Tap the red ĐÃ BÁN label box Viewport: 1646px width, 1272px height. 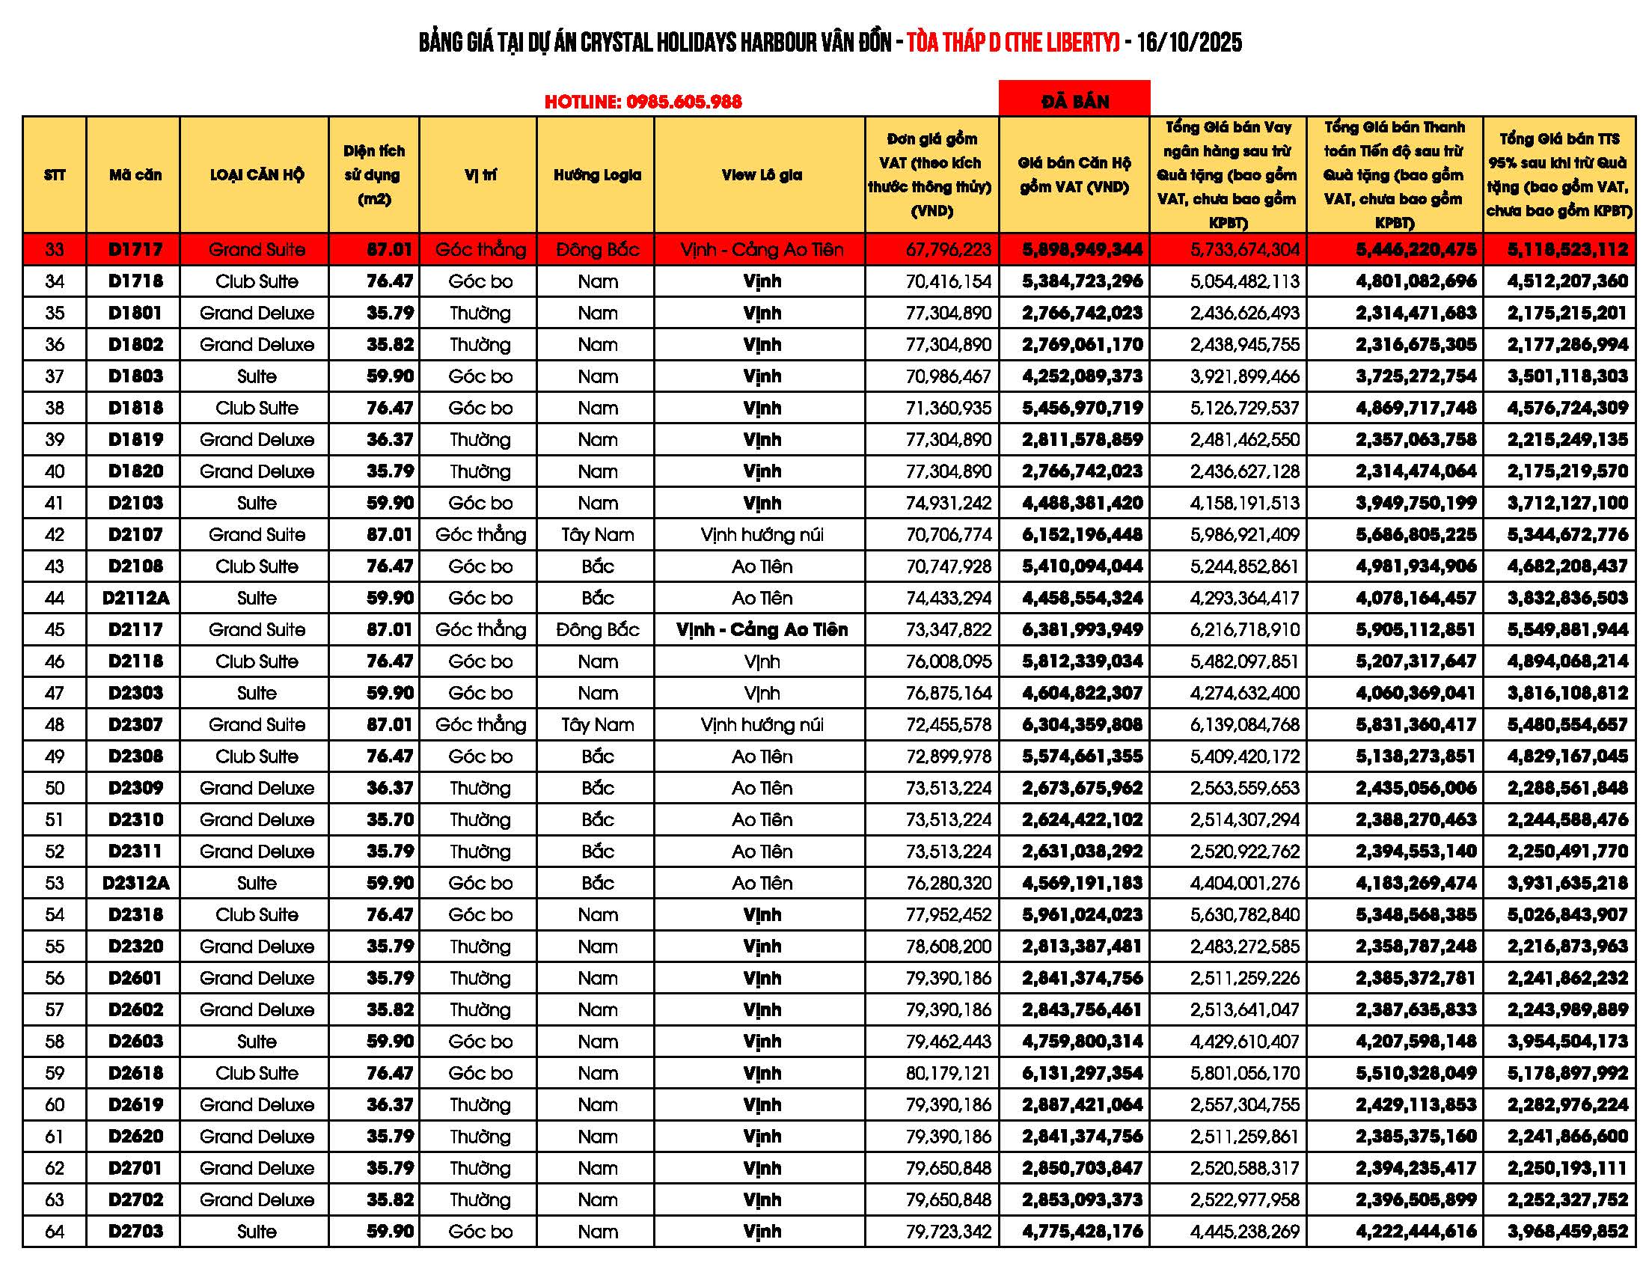[1074, 100]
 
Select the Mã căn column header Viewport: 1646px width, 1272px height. [135, 175]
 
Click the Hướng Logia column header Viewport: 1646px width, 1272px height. [597, 175]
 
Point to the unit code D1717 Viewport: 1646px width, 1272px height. [135, 249]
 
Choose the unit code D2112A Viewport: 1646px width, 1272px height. [135, 599]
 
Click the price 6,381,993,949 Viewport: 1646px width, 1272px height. [1082, 630]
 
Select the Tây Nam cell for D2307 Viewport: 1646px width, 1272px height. [597, 725]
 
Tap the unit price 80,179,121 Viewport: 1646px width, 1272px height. [948, 1073]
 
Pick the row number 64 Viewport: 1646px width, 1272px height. [55, 1232]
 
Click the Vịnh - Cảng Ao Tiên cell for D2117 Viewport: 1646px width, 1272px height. [761, 630]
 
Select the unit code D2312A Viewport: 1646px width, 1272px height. [135, 883]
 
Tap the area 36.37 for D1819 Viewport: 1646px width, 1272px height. [390, 439]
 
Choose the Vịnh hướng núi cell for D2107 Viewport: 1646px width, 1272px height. [761, 535]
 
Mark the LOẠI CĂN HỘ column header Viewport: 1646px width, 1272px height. [256, 175]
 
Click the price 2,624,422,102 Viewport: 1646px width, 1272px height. [1082, 820]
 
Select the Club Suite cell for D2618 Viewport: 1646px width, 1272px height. [256, 1073]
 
